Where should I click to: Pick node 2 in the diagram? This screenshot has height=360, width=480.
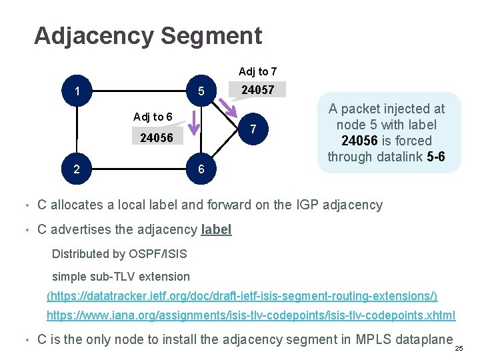[78, 169]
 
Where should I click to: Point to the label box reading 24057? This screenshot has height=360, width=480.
[257, 90]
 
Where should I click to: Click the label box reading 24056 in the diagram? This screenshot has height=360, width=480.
[157, 138]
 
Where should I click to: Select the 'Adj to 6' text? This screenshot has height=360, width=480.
[153, 117]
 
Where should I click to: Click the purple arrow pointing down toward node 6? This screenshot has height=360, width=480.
[193, 122]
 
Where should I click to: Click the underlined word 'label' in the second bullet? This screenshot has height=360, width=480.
[216, 230]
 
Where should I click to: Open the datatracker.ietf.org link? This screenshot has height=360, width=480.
[242, 295]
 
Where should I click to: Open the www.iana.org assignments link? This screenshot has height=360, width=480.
[251, 315]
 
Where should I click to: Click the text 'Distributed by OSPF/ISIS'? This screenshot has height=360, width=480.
[119, 254]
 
